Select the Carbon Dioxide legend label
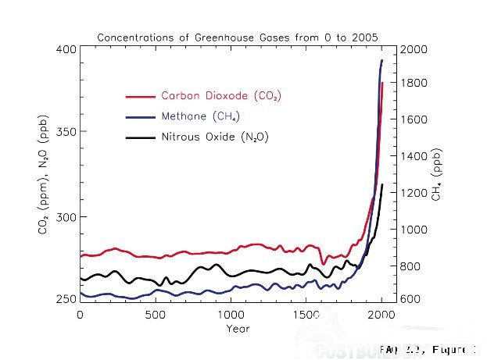(x=220, y=96)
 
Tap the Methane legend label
(x=200, y=117)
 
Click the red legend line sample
(x=141, y=96)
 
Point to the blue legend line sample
(x=141, y=117)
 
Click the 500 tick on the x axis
(x=156, y=315)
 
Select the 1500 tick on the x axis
(x=306, y=315)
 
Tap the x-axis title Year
(x=238, y=329)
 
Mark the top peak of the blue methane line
(x=381, y=60)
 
